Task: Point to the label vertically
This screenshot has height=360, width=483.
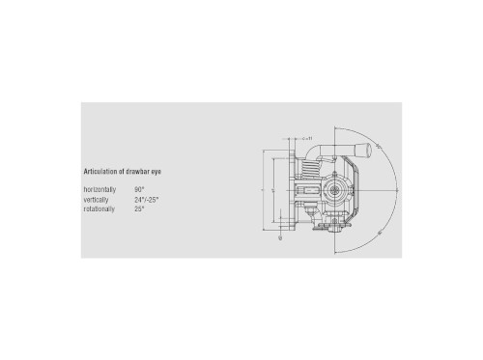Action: [x=97, y=199]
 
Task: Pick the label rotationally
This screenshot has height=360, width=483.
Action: [x=99, y=208]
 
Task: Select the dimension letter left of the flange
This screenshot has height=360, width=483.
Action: [x=263, y=191]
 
